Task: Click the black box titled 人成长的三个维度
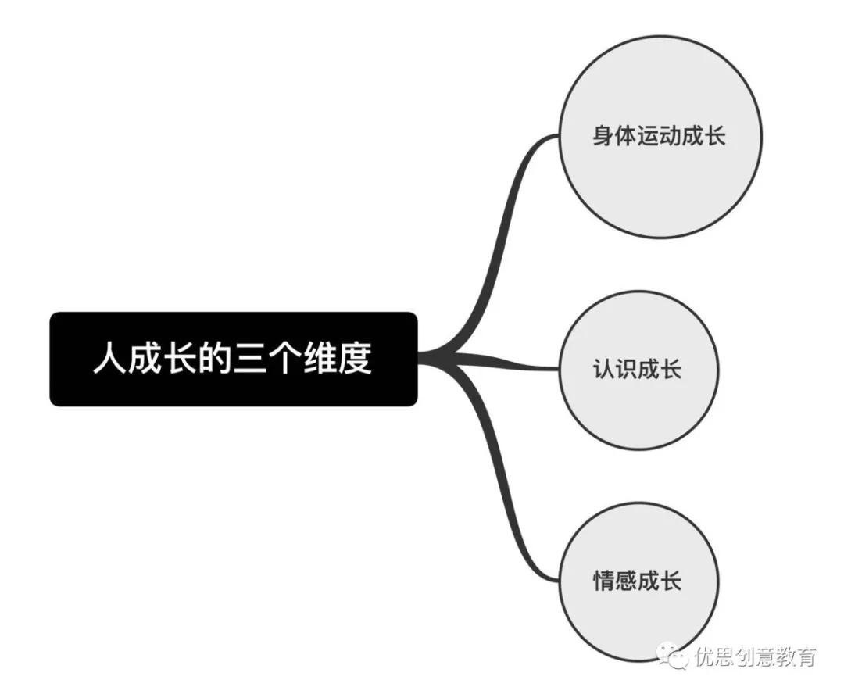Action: (x=234, y=359)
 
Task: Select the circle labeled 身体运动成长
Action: (x=660, y=137)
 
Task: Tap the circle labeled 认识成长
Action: (x=638, y=370)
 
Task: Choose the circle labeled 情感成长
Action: (x=638, y=581)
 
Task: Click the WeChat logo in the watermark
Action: (x=672, y=656)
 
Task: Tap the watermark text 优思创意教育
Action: (x=755, y=656)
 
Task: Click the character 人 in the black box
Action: (x=110, y=357)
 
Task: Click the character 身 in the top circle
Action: (x=603, y=135)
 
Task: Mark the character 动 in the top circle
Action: (x=671, y=135)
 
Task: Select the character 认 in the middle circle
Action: (x=604, y=370)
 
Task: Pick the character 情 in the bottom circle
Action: (x=604, y=581)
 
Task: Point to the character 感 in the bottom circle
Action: (x=626, y=581)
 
